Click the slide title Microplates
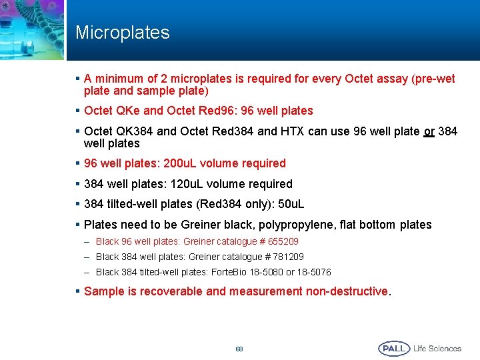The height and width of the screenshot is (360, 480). [122, 33]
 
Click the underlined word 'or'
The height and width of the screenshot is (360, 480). [429, 131]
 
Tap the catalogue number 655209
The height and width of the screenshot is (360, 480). [283, 241]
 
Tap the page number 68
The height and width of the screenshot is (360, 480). [239, 349]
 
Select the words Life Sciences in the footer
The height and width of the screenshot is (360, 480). [437, 348]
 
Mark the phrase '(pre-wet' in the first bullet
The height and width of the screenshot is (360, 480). [434, 79]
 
